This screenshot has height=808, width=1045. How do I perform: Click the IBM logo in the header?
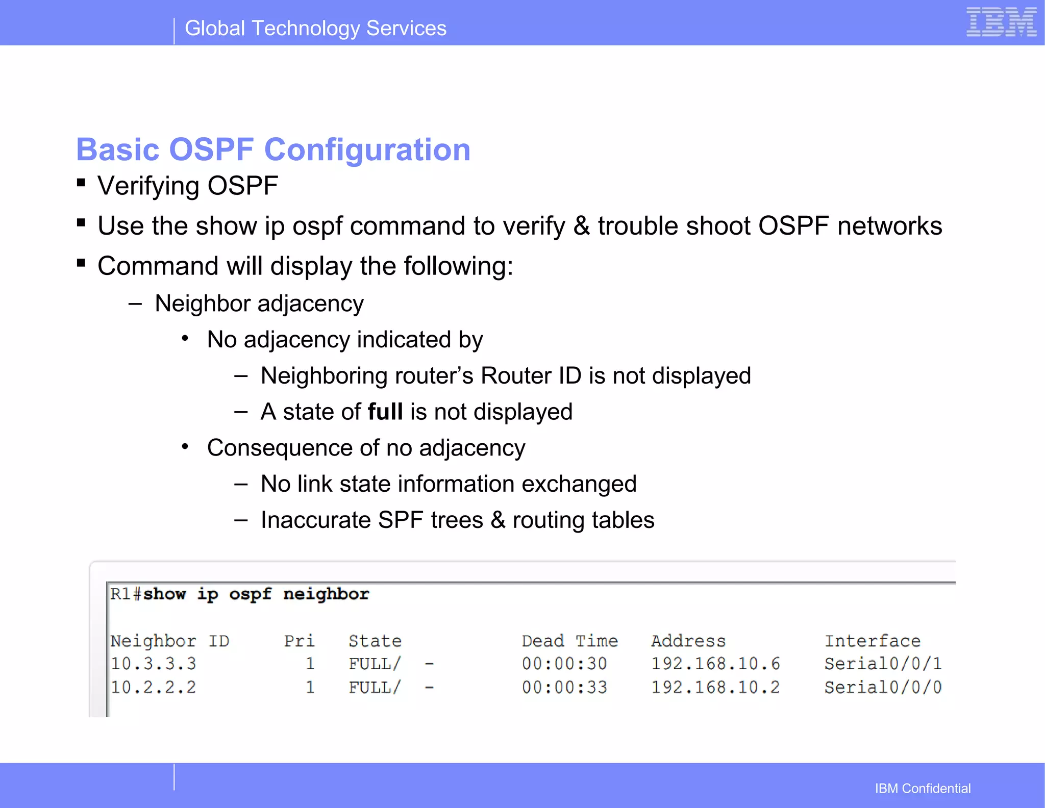(1001, 22)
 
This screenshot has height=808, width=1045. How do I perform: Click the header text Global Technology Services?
(315, 28)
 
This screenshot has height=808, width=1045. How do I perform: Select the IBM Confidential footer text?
(923, 788)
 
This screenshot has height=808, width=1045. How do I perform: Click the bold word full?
(385, 412)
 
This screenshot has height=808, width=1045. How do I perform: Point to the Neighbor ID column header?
(169, 641)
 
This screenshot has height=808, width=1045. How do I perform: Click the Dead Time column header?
(569, 641)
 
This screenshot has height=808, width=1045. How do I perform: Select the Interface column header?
(873, 641)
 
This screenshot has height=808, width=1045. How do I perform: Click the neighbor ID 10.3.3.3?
(153, 664)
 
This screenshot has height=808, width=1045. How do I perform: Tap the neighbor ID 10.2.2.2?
(153, 687)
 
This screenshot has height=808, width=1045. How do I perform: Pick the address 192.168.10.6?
(715, 664)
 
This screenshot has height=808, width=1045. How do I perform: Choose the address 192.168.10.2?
(715, 687)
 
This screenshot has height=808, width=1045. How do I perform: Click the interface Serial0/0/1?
(883, 664)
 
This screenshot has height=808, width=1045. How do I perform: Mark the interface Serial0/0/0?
(883, 687)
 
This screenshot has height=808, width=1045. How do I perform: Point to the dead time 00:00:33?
(564, 687)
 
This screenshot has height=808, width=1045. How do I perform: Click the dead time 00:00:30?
(564, 664)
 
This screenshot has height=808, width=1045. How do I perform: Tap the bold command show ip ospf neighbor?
(256, 594)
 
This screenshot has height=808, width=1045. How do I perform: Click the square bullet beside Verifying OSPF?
(81, 183)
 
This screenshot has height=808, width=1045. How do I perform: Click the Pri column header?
(299, 641)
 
